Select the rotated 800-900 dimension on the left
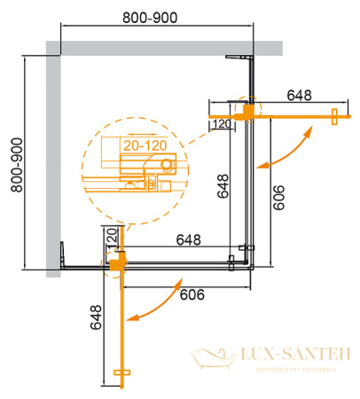12,160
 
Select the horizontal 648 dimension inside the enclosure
187,239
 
